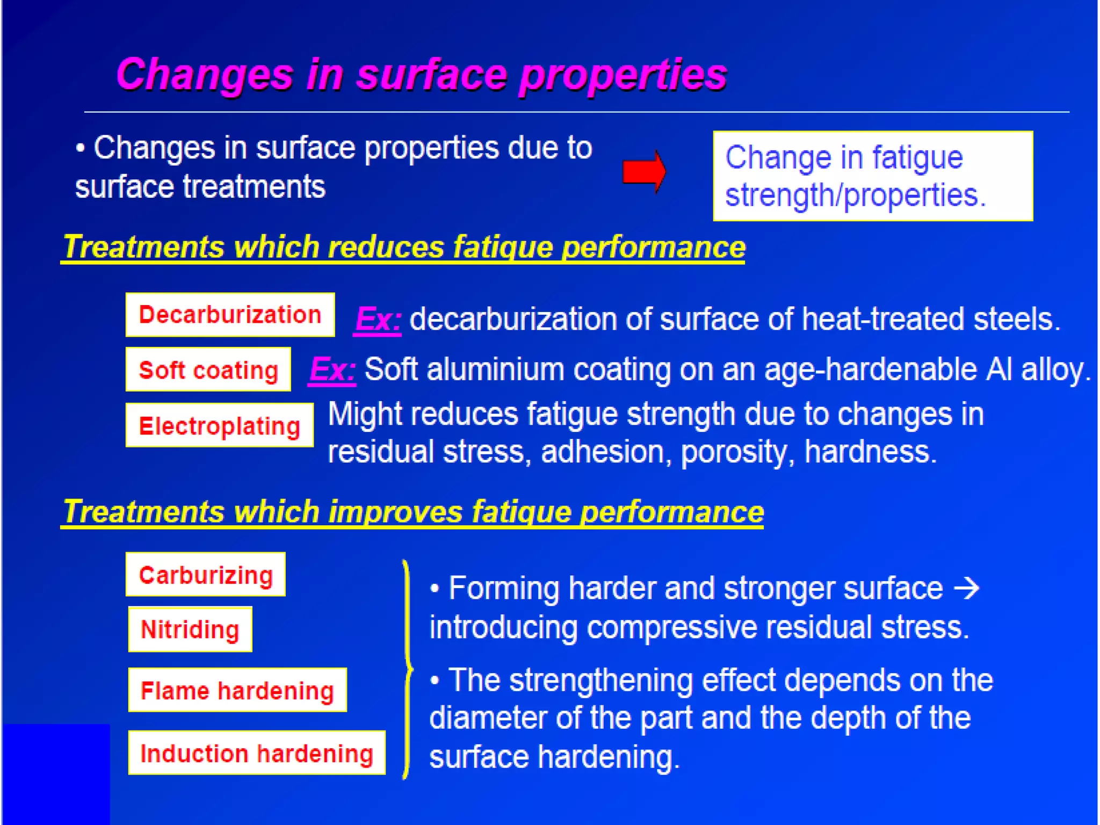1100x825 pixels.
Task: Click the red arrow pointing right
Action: click(644, 172)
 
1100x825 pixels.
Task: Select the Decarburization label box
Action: click(230, 315)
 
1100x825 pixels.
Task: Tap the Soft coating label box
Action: click(208, 370)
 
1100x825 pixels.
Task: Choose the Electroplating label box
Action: click(219, 425)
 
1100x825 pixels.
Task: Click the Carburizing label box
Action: click(206, 575)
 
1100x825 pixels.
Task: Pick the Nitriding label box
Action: click(190, 629)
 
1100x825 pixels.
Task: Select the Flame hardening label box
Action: click(237, 690)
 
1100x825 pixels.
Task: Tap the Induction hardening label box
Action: click(257, 753)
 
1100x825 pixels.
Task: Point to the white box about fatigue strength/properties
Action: click(873, 176)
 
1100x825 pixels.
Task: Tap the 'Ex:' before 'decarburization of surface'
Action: click(378, 320)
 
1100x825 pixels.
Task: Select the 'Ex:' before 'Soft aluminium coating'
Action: click(332, 370)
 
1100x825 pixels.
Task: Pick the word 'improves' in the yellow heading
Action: click(395, 511)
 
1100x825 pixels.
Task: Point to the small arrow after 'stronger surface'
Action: click(967, 588)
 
